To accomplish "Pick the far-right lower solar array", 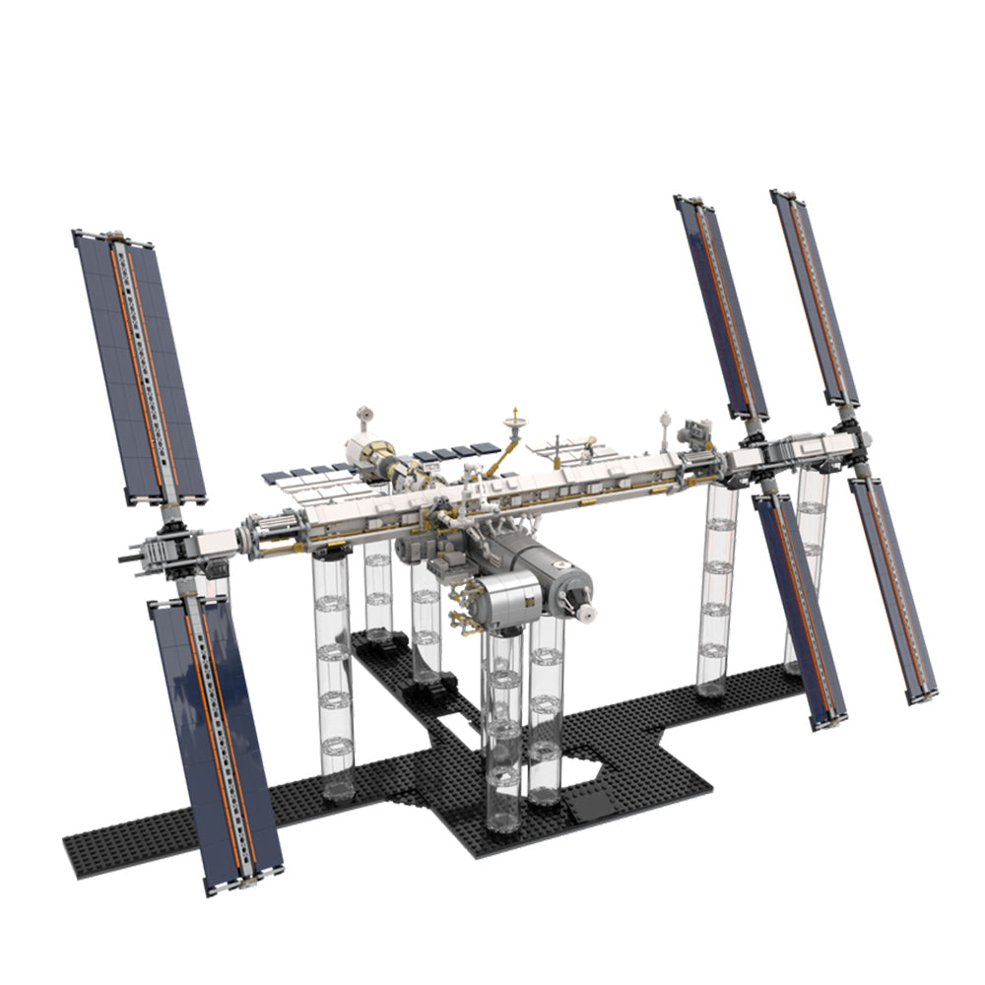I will point(892,591).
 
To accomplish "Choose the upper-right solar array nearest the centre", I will point(721,305).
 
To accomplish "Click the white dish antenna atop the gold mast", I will point(513,426).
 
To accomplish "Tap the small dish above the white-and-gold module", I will point(366,414).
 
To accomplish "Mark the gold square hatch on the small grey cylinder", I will point(528,594).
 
